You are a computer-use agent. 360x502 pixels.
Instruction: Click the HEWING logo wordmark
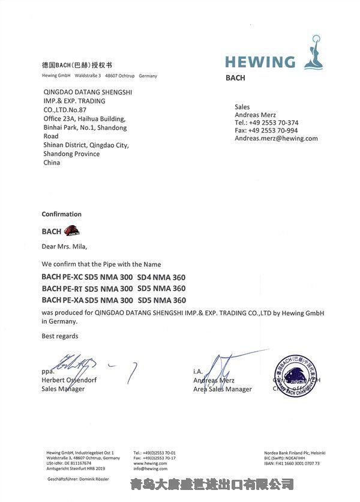pyautogui.click(x=259, y=61)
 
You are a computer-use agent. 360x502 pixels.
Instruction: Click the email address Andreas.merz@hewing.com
pyautogui.click(x=276, y=138)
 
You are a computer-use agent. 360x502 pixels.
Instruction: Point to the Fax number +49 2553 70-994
pyautogui.click(x=274, y=130)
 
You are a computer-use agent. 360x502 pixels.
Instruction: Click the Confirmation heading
pyautogui.click(x=61, y=214)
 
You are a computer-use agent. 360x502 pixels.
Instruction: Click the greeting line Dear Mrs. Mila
pyautogui.click(x=64, y=246)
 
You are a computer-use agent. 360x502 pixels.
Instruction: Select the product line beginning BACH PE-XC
pyautogui.click(x=113, y=277)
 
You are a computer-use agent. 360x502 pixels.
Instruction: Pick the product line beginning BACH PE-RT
pyautogui.click(x=113, y=289)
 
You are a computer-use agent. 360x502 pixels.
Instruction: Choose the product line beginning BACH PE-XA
pyautogui.click(x=113, y=300)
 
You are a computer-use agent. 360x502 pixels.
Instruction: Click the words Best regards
pyautogui.click(x=60, y=336)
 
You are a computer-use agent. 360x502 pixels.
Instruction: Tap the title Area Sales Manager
pyautogui.click(x=222, y=389)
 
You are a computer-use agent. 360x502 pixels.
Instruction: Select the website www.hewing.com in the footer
pyautogui.click(x=150, y=464)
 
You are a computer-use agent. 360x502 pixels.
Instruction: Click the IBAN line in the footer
pyautogui.click(x=292, y=464)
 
